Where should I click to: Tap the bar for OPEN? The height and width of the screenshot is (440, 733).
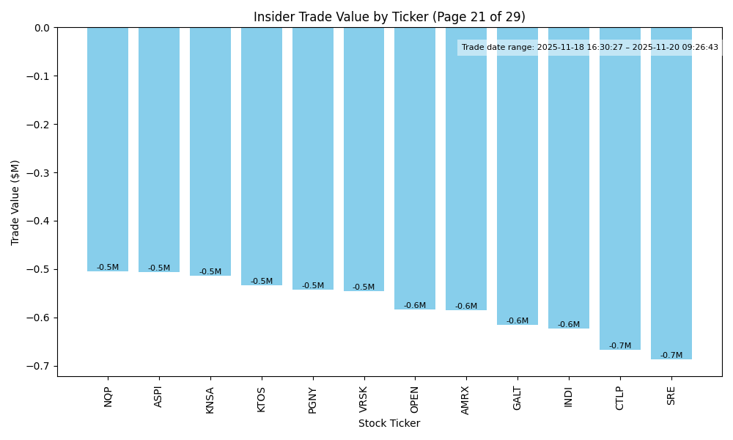click(x=415, y=169)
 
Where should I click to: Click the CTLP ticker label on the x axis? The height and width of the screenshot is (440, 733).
click(x=620, y=397)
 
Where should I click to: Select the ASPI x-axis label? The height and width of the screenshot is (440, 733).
click(x=159, y=397)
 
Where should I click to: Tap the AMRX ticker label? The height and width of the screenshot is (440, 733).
click(x=466, y=400)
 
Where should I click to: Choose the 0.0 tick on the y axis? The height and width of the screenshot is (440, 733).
click(x=43, y=28)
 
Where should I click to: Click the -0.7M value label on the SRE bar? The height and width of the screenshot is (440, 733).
click(x=671, y=356)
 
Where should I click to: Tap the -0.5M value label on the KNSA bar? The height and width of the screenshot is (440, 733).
click(x=210, y=272)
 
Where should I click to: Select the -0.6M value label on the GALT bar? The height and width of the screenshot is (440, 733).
click(x=517, y=321)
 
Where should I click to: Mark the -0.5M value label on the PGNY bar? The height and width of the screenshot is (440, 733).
click(x=313, y=286)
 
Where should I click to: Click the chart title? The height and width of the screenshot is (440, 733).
click(x=389, y=17)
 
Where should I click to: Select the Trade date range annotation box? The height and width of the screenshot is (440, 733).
click(x=590, y=48)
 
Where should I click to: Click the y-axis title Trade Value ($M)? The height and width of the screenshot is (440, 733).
click(x=15, y=202)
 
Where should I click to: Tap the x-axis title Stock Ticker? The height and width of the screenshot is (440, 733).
click(x=389, y=423)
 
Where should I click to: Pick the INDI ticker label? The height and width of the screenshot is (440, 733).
click(x=569, y=397)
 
